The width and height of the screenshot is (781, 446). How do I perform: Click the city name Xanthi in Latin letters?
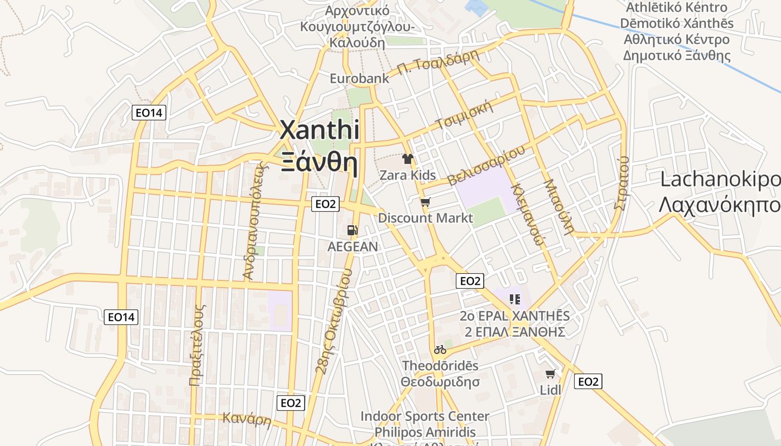319,130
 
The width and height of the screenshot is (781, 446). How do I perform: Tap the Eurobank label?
359,78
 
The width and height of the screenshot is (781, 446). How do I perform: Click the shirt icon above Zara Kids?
408,159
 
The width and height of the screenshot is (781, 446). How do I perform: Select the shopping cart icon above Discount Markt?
425,202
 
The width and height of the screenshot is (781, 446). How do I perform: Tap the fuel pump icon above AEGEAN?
353,230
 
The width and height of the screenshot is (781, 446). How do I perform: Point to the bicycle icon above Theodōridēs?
440,350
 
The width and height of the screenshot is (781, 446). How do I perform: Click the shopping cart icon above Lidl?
551,374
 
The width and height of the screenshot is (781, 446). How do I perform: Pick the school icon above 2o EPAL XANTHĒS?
515,299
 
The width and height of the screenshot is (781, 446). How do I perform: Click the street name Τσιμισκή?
465,114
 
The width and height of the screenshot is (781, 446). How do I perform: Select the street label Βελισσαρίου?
486,166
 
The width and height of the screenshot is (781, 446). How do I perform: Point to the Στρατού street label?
621,182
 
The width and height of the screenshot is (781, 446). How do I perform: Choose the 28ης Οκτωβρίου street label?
334,320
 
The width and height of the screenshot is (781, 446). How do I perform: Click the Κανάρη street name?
247,419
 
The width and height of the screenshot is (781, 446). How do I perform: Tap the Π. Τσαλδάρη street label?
438,62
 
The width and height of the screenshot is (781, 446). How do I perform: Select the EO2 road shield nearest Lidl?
588,381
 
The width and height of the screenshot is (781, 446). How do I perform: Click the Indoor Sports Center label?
425,416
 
